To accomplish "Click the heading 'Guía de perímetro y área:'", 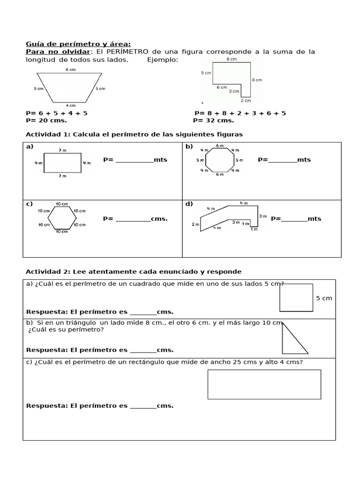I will [78, 44].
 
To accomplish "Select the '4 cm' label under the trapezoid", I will [70, 105].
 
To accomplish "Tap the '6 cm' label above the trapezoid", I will [70, 69].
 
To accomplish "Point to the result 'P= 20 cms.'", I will [46, 120].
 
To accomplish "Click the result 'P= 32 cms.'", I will [213, 120].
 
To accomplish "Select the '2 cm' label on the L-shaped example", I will [246, 100].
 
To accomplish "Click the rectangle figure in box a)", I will [62, 163].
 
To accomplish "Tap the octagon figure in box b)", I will [219, 160].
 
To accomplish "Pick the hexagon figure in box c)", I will [62, 218].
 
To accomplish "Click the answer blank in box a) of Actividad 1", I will [134, 160].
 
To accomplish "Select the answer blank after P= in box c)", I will [133, 219].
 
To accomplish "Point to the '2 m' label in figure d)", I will [195, 225].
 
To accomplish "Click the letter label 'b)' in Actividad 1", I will [189, 147].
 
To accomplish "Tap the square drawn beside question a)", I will [296, 297].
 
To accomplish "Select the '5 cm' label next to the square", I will [324, 298].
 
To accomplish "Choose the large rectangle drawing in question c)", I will [264, 384].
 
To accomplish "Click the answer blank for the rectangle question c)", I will [143, 406].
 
